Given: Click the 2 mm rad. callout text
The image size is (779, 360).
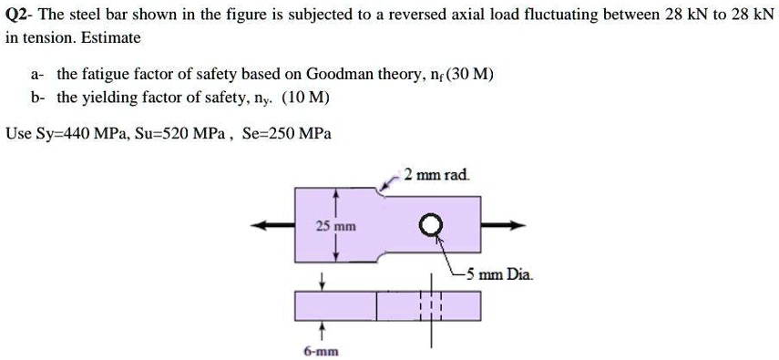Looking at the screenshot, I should [437, 174].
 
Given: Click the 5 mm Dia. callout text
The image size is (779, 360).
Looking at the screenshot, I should [499, 273].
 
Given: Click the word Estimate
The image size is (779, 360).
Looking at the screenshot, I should [113, 37].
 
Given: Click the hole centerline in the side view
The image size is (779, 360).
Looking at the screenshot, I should [431, 306].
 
